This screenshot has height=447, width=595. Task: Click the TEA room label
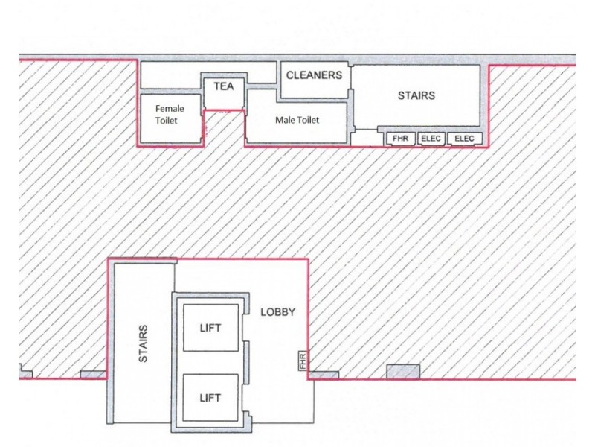223,86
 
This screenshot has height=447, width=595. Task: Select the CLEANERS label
314,75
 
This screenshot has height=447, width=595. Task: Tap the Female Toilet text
170,114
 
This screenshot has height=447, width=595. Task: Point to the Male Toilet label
297,120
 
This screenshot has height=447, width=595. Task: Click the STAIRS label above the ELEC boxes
416,96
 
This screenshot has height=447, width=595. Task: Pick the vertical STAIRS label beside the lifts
144,343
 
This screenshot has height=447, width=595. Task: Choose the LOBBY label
278,312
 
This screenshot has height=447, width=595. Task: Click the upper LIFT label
210,328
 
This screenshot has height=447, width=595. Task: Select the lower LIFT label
210,399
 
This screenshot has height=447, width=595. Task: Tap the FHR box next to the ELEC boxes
400,139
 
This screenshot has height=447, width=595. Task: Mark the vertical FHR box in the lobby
303,361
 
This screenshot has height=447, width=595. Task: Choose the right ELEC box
465,139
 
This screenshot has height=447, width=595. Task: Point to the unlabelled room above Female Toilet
170,75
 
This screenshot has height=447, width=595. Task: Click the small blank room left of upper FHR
365,138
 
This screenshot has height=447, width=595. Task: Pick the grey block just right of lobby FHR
324,375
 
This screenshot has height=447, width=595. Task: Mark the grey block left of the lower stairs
93,374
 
